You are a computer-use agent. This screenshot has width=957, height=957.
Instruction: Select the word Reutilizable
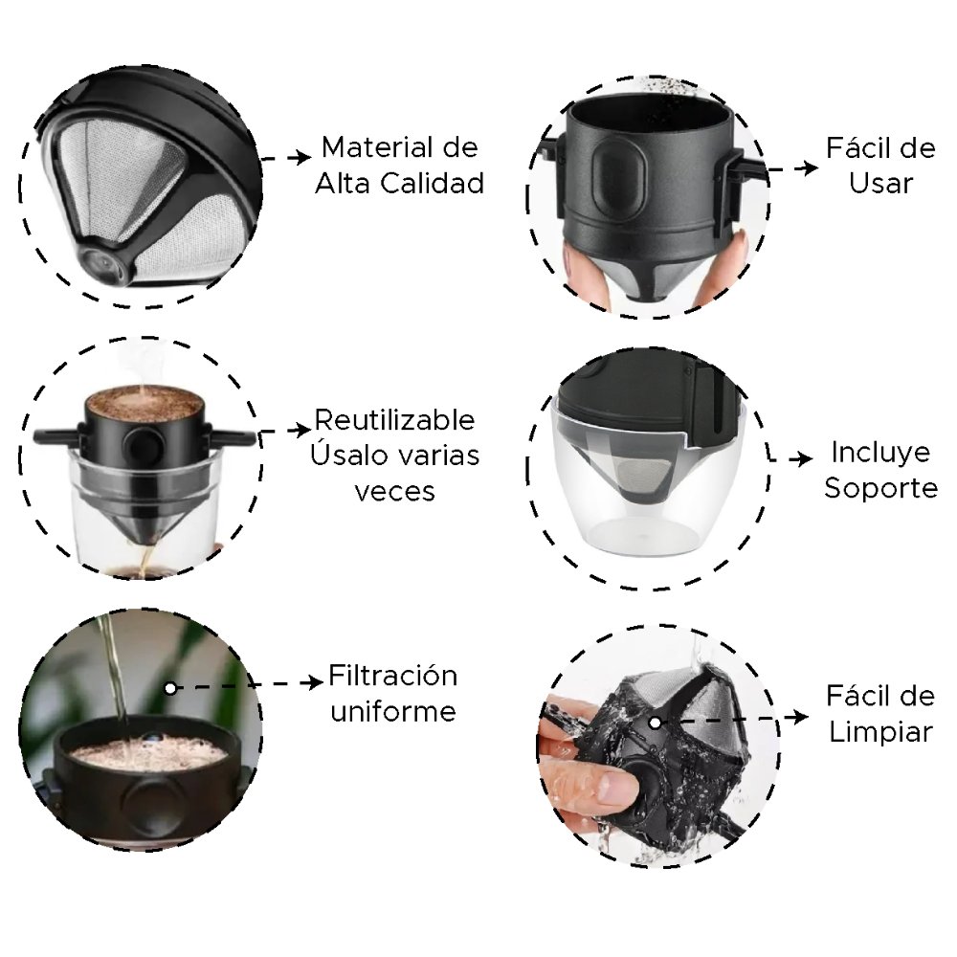tap(394, 420)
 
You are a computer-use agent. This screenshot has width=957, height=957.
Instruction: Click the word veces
tap(394, 491)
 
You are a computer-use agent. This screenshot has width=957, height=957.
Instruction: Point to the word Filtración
tap(392, 676)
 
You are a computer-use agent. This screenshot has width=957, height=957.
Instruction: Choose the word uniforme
tap(393, 712)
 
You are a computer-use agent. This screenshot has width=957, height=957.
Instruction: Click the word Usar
tap(880, 183)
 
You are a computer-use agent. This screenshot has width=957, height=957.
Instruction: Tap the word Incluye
tap(880, 453)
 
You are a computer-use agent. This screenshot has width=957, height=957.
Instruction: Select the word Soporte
tap(880, 488)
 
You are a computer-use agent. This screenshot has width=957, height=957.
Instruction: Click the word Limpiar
tap(880, 732)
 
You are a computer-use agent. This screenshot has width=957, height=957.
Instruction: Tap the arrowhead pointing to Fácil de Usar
tap(809, 167)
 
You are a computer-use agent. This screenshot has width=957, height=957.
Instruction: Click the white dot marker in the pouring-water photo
tap(170, 688)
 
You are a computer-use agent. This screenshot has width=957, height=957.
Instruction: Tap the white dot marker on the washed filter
tap(655, 723)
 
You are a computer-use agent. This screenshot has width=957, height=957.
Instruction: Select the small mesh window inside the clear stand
tap(647, 475)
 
